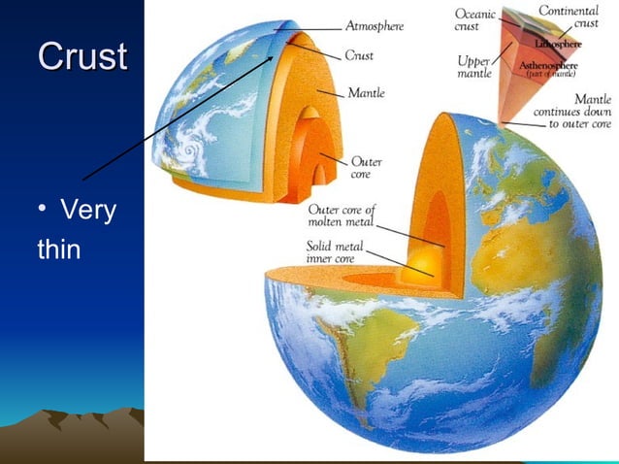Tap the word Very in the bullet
click(x=88, y=209)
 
